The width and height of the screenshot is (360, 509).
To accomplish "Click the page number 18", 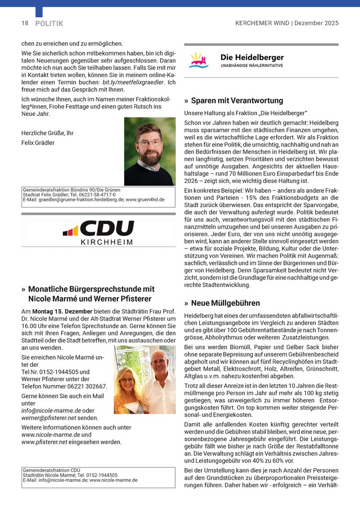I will click(x=25, y=23).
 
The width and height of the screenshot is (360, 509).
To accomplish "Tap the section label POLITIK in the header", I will click(x=49, y=23).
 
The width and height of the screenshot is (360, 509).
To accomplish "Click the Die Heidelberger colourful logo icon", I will click(x=198, y=61).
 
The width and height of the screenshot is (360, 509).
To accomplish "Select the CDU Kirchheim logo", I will click(x=98, y=232).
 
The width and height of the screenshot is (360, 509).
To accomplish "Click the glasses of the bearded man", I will click(x=149, y=143).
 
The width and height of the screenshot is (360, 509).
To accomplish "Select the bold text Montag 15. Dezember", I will click(x=57, y=310).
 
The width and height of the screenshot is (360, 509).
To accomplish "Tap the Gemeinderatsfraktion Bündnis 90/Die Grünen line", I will click(x=72, y=190).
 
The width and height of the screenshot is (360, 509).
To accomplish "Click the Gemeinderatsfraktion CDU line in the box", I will click(x=52, y=470).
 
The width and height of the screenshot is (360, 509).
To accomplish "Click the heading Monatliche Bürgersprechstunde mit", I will click(x=91, y=289).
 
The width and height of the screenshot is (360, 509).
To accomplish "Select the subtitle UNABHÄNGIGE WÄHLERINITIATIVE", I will click(x=252, y=66).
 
